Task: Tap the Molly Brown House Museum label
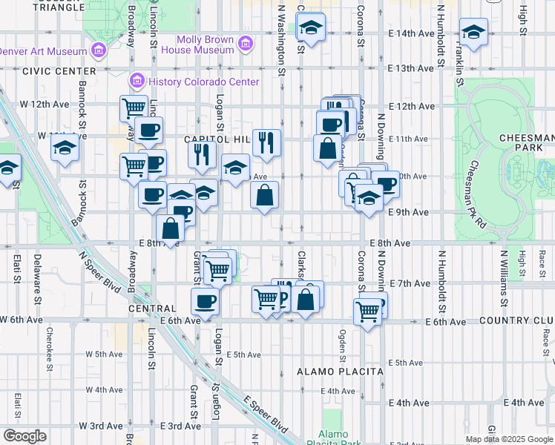point(206,44)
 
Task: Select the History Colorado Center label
point(204,82)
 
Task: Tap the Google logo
point(24,436)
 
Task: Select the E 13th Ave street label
point(410,68)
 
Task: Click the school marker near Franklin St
point(473,32)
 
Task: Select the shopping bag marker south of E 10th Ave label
point(265,196)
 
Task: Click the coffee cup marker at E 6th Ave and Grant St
point(206,301)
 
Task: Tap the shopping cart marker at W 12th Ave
point(134,108)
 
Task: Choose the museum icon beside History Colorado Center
point(137,80)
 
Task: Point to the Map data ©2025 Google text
point(510,439)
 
